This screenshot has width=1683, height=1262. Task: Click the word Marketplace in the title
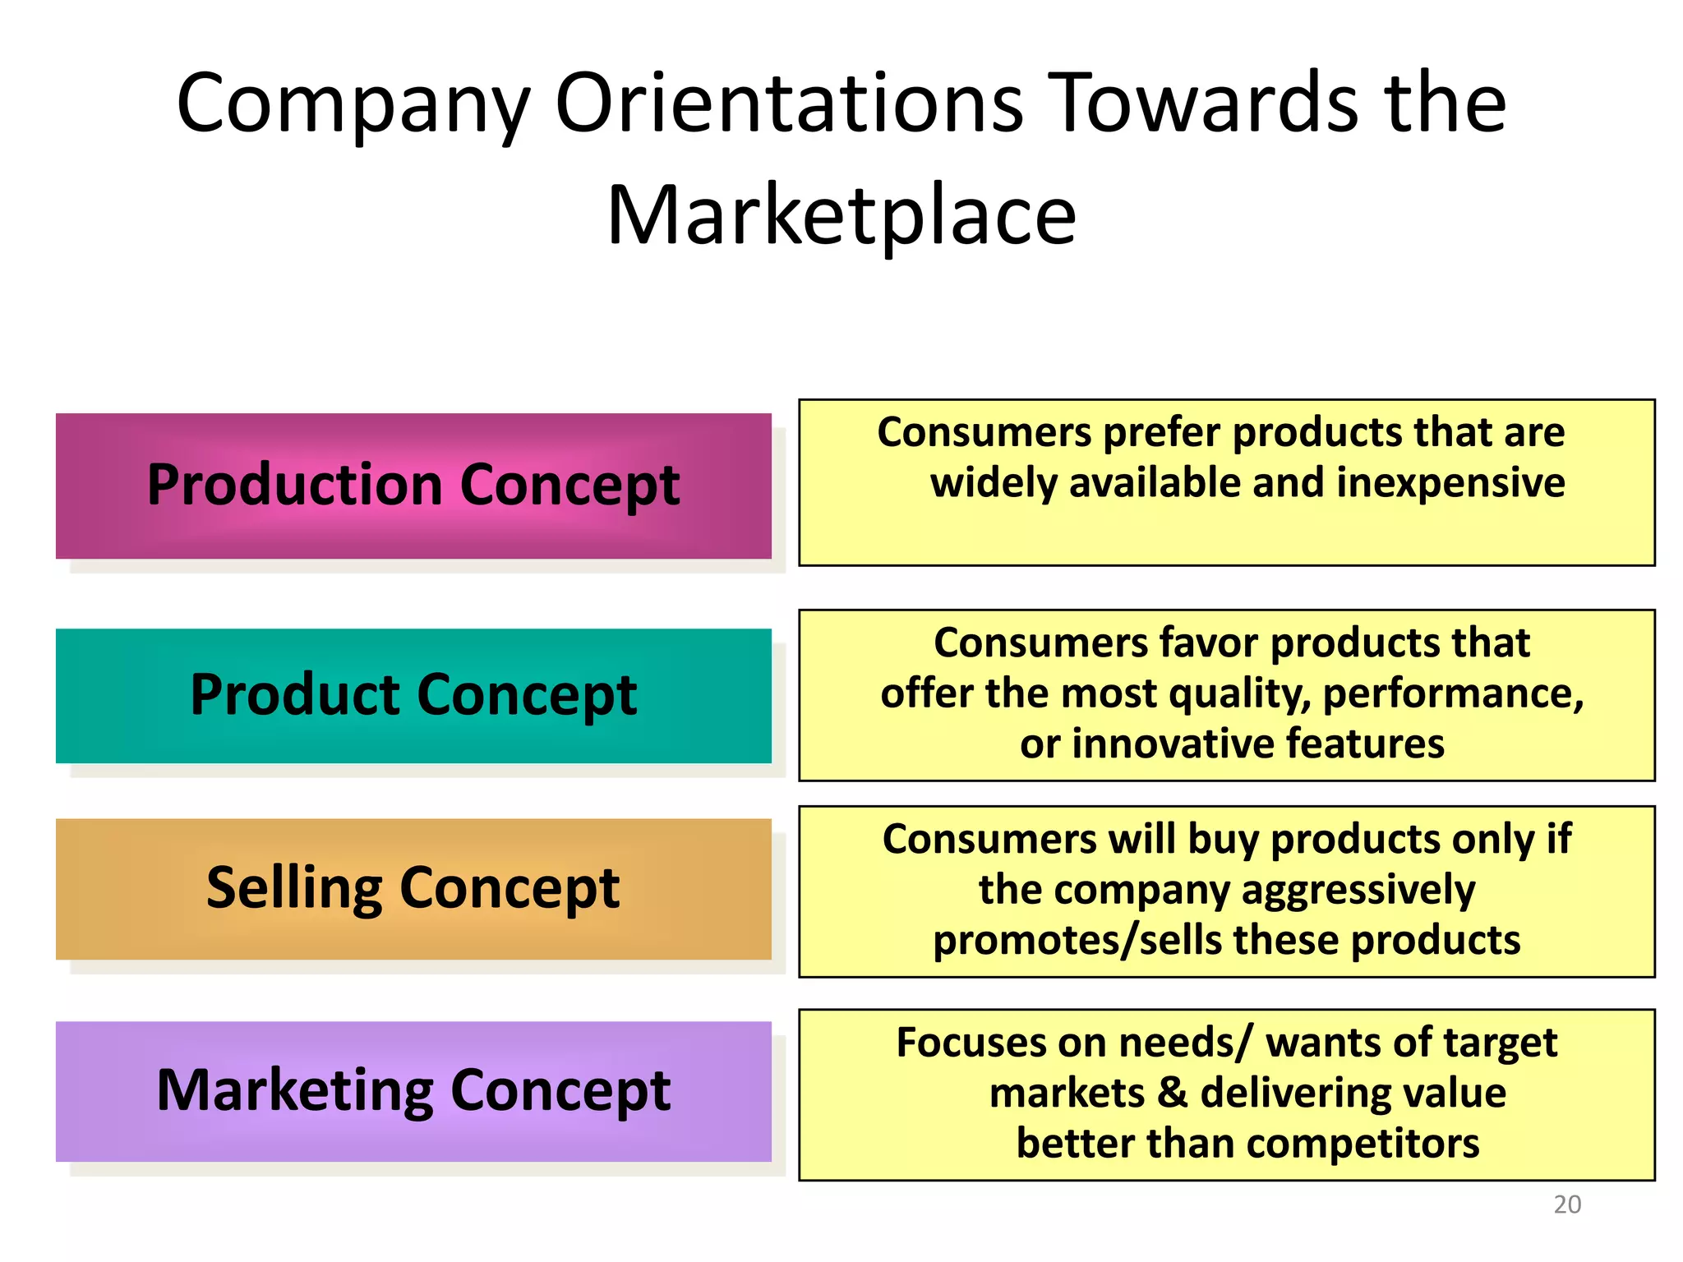point(841,215)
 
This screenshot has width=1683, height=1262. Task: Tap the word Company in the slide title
point(353,104)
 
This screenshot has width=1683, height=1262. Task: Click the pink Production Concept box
point(413,486)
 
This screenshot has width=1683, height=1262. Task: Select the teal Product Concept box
point(413,695)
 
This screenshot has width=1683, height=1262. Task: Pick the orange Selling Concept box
point(413,888)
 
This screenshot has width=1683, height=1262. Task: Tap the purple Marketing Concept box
point(413,1091)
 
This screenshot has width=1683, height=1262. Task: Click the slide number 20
point(1567,1204)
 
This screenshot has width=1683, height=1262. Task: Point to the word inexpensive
point(1450,482)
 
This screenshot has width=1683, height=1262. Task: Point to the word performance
point(1453,694)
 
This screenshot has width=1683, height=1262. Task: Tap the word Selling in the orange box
point(294,889)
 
